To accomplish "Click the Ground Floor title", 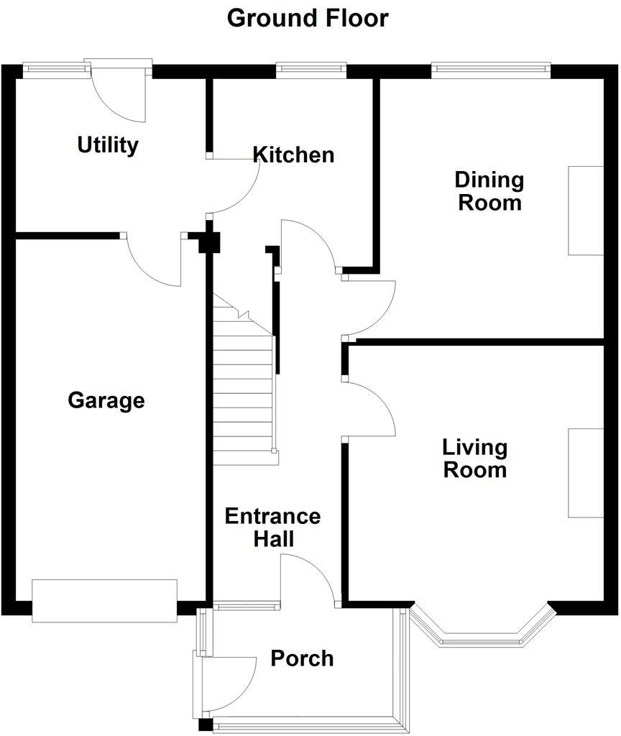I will coord(308,18).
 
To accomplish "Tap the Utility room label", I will coord(108,145).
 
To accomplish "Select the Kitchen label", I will coord(293,155).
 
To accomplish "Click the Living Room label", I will coord(474,459).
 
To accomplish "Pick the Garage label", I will coord(106,400).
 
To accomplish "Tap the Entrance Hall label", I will coord(272,527).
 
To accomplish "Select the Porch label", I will coord(302,658).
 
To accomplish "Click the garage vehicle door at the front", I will coord(104,600).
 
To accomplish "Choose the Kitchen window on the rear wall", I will coord(311,69).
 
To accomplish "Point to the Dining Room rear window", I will coord(491,69).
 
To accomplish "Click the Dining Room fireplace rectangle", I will coord(586,211).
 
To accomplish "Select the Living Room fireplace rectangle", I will coord(586,473).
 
